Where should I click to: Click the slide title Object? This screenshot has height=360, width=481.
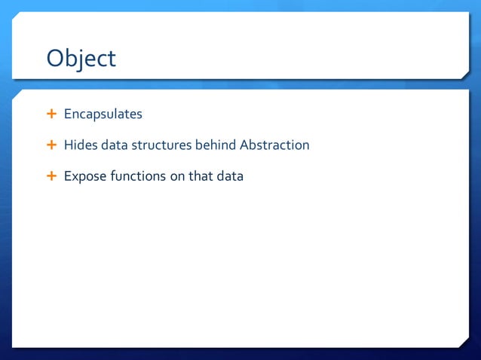pyautogui.click(x=81, y=58)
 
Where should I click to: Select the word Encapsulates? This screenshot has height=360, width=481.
pyautogui.click(x=103, y=114)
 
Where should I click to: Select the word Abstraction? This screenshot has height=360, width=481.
pyautogui.click(x=274, y=145)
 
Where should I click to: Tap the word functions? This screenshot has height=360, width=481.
pyautogui.click(x=136, y=176)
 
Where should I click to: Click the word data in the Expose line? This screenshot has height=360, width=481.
pyautogui.click(x=231, y=176)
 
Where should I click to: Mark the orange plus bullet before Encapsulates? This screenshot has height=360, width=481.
pyautogui.click(x=51, y=114)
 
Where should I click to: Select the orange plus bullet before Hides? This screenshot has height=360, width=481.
pyautogui.click(x=51, y=145)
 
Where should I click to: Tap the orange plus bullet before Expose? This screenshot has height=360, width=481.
pyautogui.click(x=51, y=176)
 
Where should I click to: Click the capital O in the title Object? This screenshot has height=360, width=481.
pyautogui.click(x=56, y=58)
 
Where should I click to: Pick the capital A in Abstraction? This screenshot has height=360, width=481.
pyautogui.click(x=244, y=145)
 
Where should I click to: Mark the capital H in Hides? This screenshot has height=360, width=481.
pyautogui.click(x=69, y=145)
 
